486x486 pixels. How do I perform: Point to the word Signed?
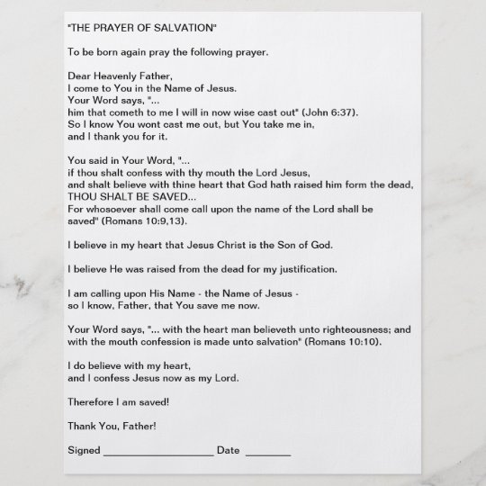(x=84, y=449)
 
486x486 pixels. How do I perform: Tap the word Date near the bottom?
(x=228, y=449)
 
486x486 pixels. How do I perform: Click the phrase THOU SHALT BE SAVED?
(x=126, y=195)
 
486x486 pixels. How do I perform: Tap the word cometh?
(x=128, y=112)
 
